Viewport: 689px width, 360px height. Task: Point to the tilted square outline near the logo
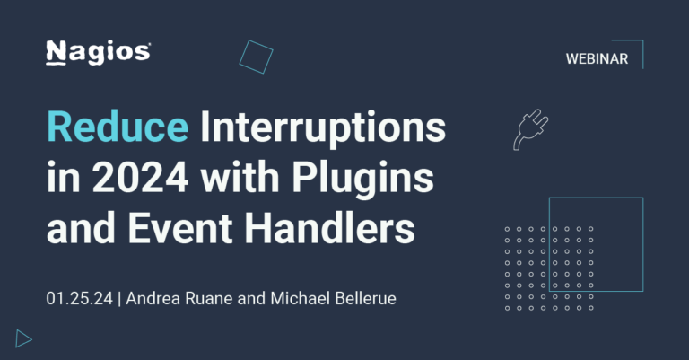coord(257,57)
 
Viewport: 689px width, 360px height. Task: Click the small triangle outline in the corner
coord(23,338)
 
